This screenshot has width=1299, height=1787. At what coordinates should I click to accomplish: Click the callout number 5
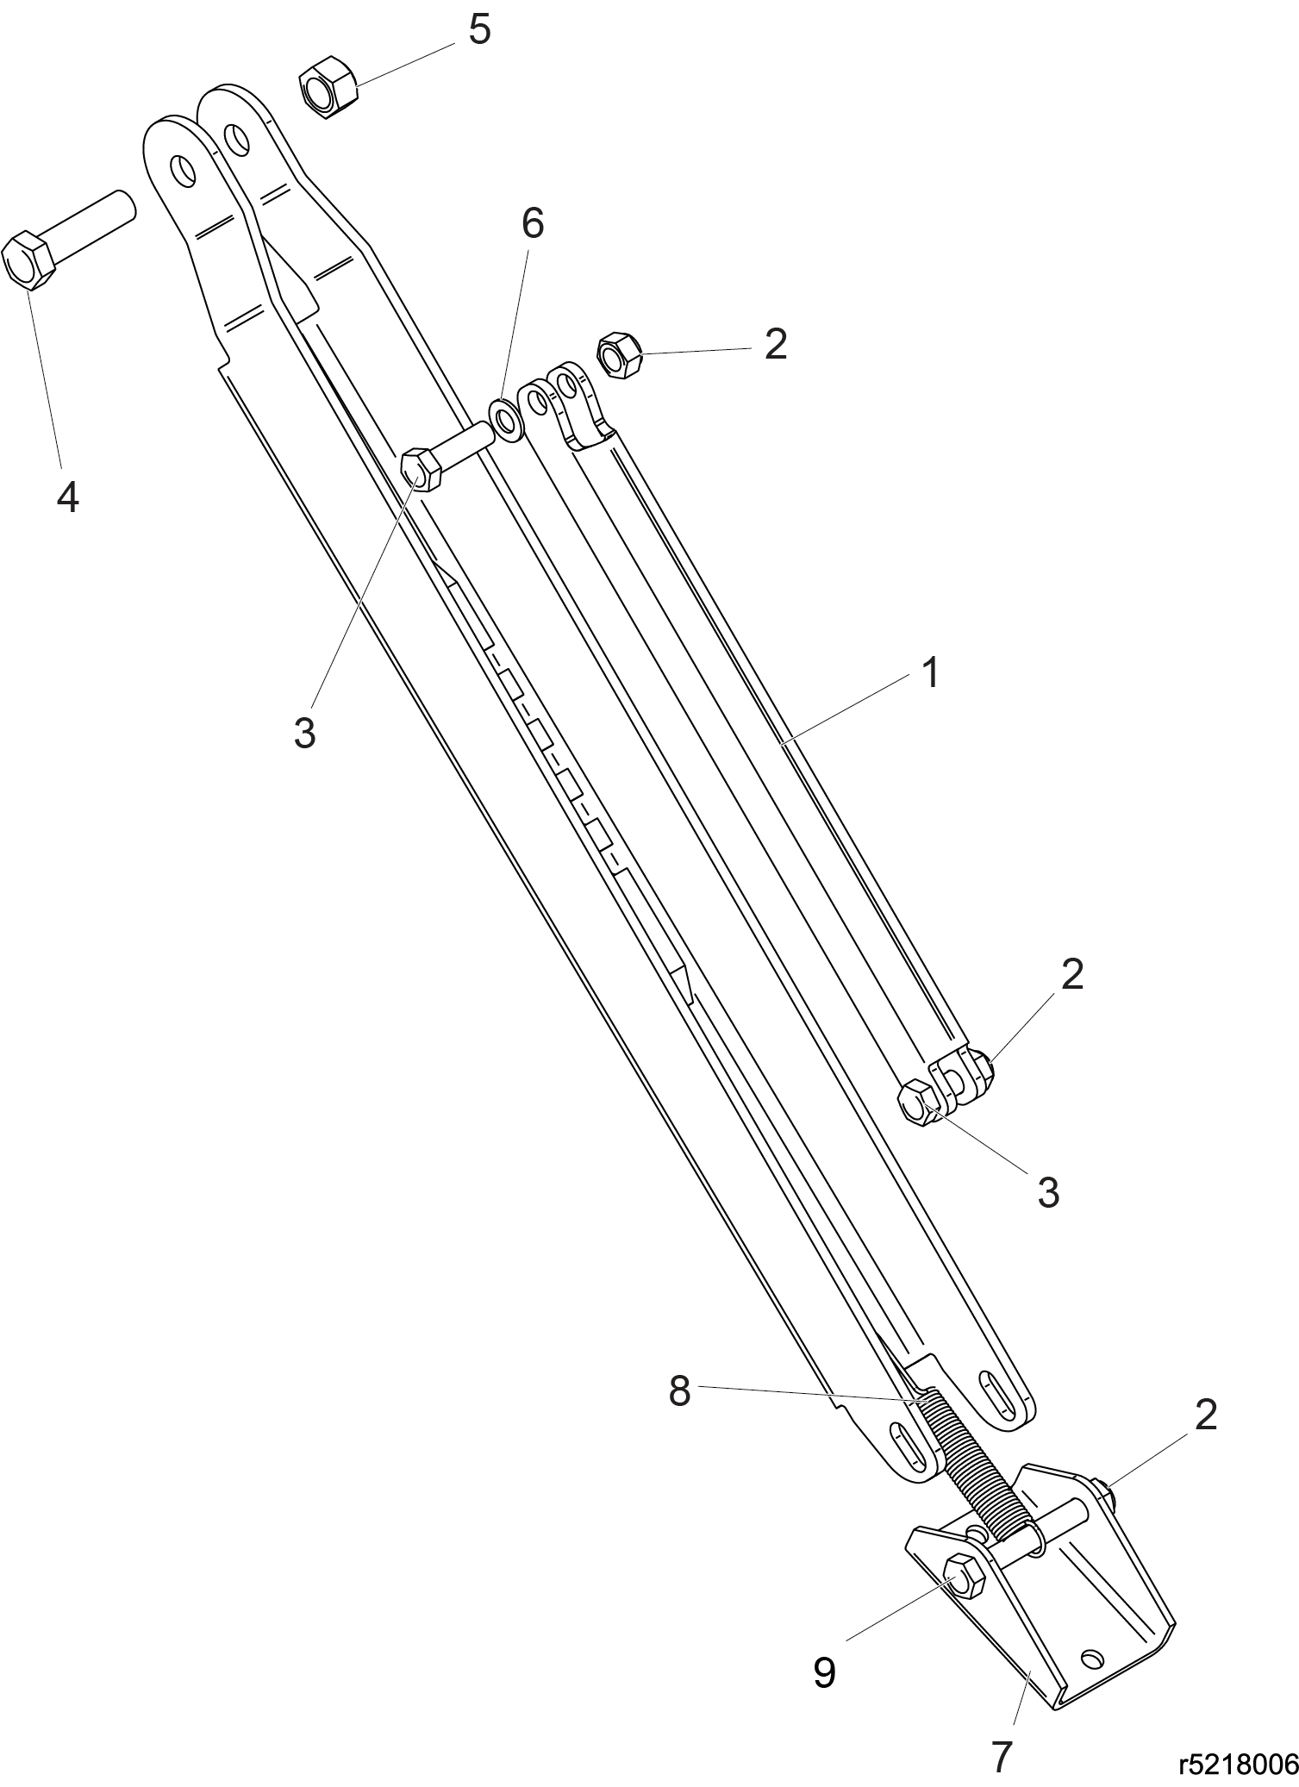479,30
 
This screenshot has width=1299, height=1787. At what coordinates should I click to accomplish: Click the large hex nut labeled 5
328,86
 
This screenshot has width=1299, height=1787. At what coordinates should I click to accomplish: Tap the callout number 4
68,497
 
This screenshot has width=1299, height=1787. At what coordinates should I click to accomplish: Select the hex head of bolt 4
28,259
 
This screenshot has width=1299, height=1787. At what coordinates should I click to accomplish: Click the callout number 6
533,224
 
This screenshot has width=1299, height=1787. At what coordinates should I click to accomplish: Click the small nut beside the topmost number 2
620,354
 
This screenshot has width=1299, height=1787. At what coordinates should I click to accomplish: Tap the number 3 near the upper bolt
304,733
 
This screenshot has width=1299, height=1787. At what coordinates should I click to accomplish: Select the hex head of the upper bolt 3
422,469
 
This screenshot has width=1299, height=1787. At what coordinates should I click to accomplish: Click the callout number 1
929,672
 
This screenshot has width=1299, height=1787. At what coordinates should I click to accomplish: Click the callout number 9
824,1673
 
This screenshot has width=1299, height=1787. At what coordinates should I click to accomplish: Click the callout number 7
1001,1758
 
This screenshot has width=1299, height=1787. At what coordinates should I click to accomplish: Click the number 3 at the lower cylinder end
1048,1193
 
